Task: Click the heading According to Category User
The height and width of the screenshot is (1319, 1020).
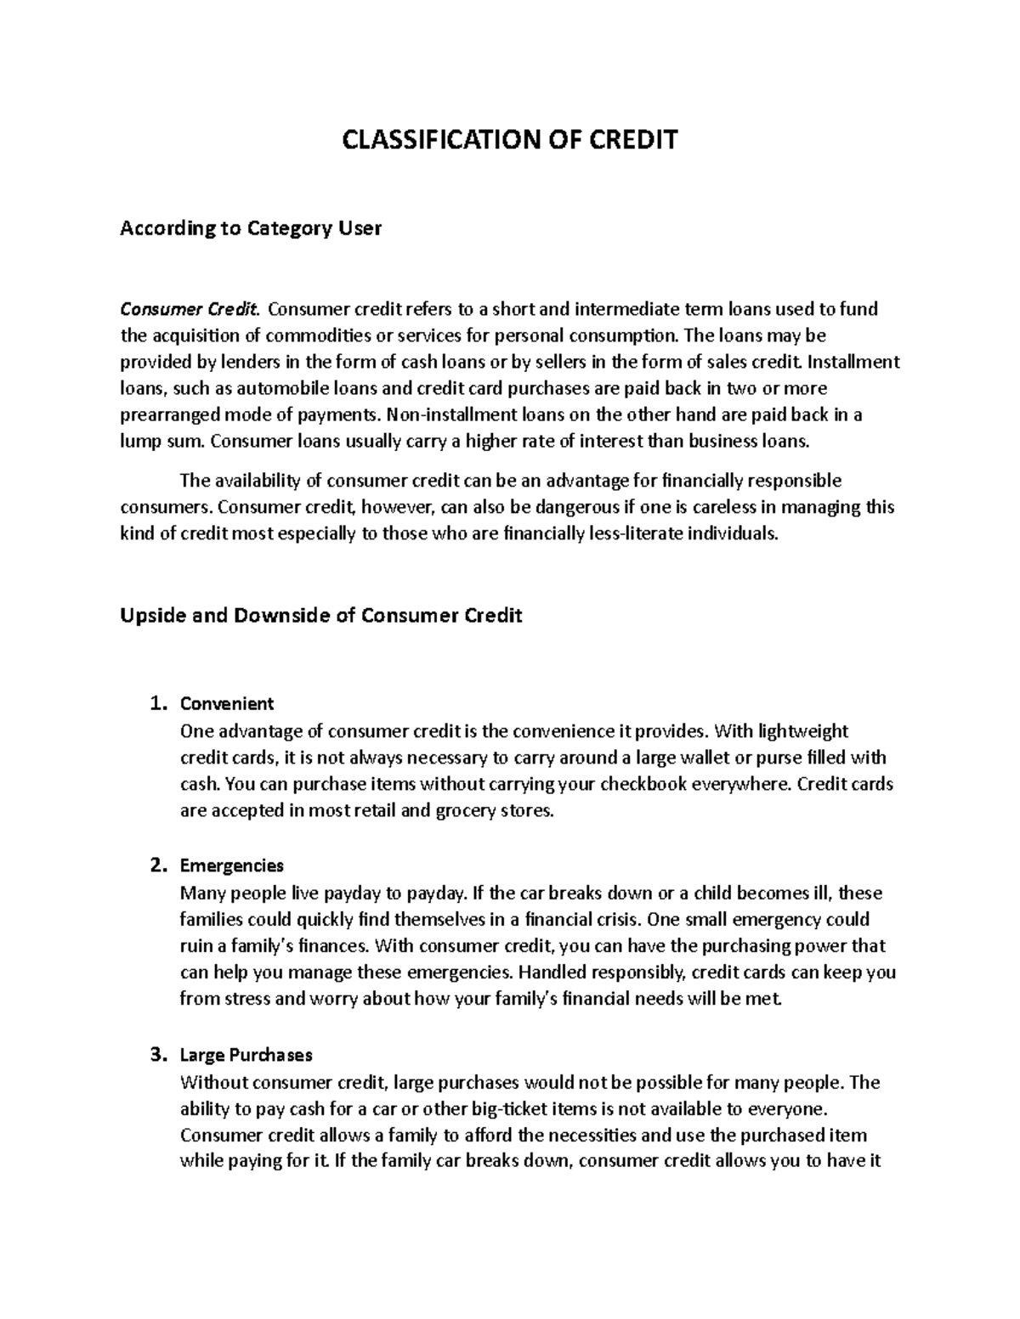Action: point(251,228)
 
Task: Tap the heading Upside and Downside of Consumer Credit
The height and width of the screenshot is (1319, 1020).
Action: point(320,615)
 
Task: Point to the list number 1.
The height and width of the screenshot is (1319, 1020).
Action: point(155,703)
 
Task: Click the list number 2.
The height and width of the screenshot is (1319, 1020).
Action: point(155,865)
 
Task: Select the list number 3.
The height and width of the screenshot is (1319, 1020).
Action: point(155,1055)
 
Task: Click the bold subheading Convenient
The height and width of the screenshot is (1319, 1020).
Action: point(227,703)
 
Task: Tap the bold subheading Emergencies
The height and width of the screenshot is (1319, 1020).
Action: point(232,865)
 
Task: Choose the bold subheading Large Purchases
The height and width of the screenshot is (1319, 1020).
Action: point(246,1055)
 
